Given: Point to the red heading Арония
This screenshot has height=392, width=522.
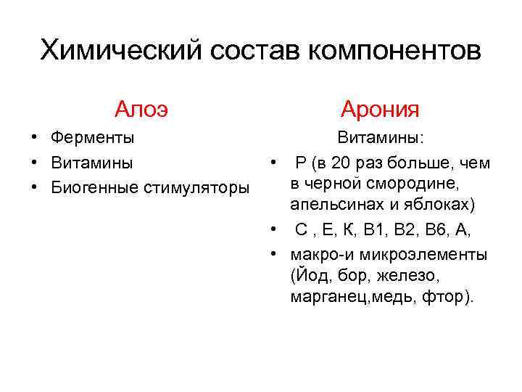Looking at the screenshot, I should tap(380, 110).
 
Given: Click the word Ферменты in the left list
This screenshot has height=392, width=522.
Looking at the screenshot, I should tap(92, 137).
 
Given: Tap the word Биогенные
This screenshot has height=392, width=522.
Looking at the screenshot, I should tap(96, 187).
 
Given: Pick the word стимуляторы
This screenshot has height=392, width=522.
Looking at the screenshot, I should tap(198, 187).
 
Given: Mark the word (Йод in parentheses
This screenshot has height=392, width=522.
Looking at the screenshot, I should tap(307, 276).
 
